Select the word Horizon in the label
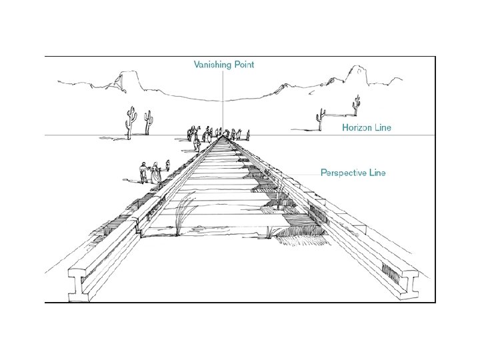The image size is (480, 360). click(x=359, y=126)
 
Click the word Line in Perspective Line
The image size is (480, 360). click(x=377, y=173)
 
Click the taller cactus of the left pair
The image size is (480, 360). click(x=132, y=121)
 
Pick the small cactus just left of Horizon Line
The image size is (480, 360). click(x=318, y=119)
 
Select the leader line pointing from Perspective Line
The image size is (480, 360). click(x=303, y=173)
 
